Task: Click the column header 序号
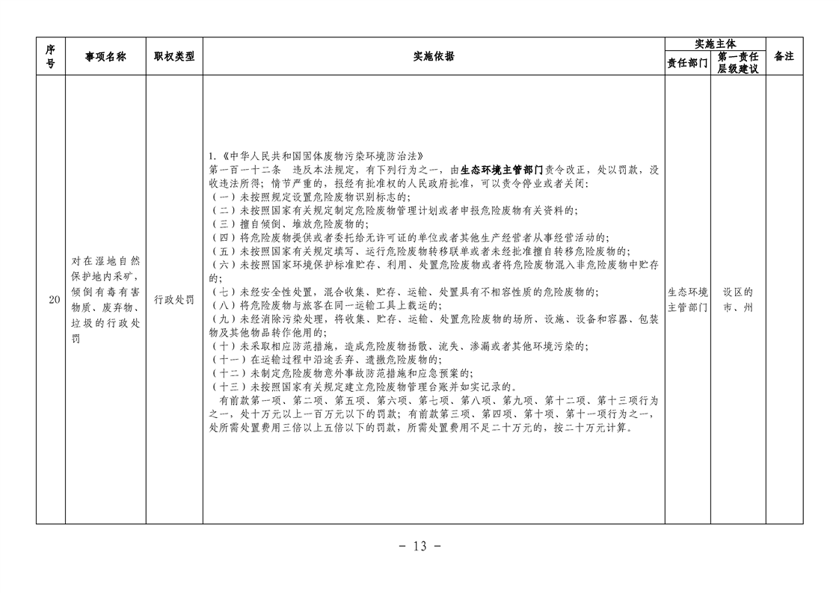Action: click(50, 56)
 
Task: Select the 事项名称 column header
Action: click(105, 57)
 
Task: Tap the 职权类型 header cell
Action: click(174, 56)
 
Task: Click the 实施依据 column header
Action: click(434, 56)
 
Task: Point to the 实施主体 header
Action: click(716, 44)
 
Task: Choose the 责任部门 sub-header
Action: click(687, 63)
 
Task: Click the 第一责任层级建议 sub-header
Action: click(738, 63)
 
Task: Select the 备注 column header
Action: click(784, 56)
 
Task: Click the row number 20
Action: click(54, 300)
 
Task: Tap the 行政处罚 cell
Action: click(174, 300)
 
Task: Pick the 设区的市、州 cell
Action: click(738, 300)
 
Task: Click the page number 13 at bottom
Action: click(420, 546)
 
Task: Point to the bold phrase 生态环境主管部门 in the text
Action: click(502, 170)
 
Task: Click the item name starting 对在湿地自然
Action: click(105, 300)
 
